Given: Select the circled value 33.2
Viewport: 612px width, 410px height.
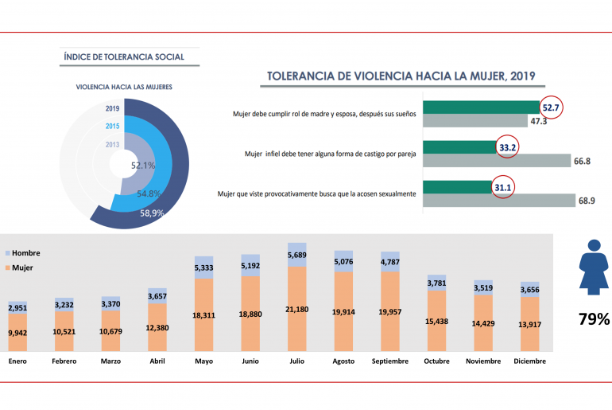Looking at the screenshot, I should (x=507, y=146).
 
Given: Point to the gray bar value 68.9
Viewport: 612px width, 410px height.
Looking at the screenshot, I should (x=587, y=201).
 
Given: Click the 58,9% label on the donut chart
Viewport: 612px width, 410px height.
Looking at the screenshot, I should (x=153, y=213).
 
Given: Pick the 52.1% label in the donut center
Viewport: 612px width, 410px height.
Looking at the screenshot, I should (x=143, y=166).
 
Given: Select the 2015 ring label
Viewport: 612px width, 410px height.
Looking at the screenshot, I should (x=112, y=126).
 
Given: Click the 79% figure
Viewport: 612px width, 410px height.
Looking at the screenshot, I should (x=593, y=319).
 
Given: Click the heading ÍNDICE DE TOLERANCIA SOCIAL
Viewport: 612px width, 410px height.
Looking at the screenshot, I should (x=123, y=57).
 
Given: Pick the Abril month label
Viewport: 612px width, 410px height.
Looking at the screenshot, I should (x=157, y=361).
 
